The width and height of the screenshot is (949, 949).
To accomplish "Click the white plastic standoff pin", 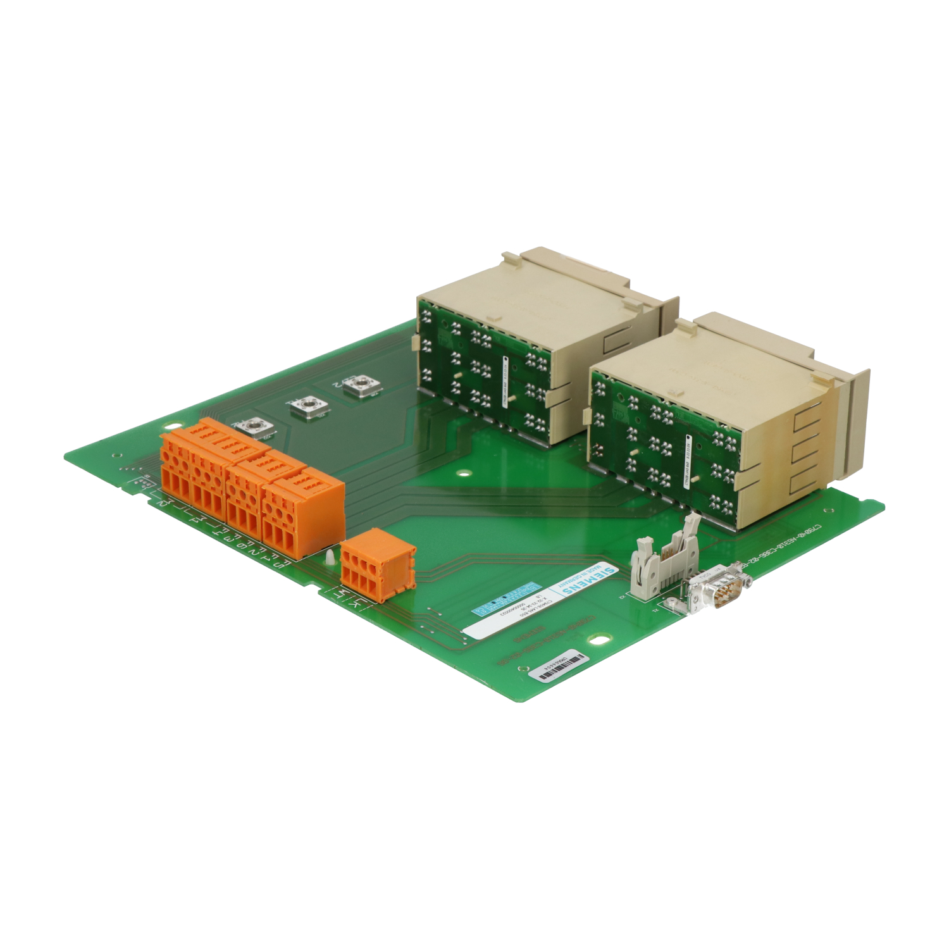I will tap(330, 557).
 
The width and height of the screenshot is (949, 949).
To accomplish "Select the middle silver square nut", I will tap(309, 406).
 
